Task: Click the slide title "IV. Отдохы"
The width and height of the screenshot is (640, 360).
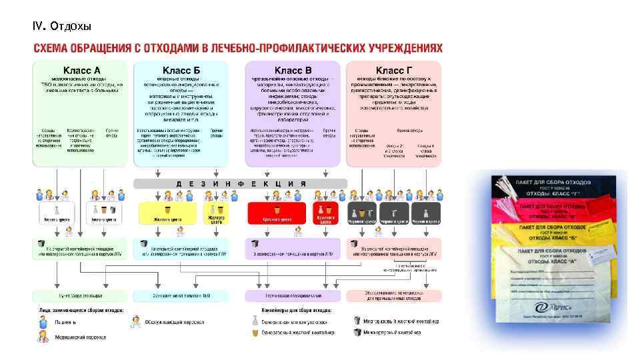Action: click(x=61, y=26)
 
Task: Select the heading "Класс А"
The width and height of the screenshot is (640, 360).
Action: click(x=81, y=70)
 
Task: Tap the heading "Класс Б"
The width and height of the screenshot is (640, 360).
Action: click(x=181, y=70)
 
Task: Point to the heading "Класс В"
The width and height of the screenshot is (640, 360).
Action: click(x=293, y=70)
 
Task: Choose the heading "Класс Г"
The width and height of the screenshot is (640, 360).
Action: click(x=393, y=70)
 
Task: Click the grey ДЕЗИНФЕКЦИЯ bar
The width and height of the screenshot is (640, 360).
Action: click(x=240, y=183)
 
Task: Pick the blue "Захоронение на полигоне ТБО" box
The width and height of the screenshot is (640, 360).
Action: click(x=180, y=295)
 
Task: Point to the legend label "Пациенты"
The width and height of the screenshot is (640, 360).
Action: click(x=66, y=322)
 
